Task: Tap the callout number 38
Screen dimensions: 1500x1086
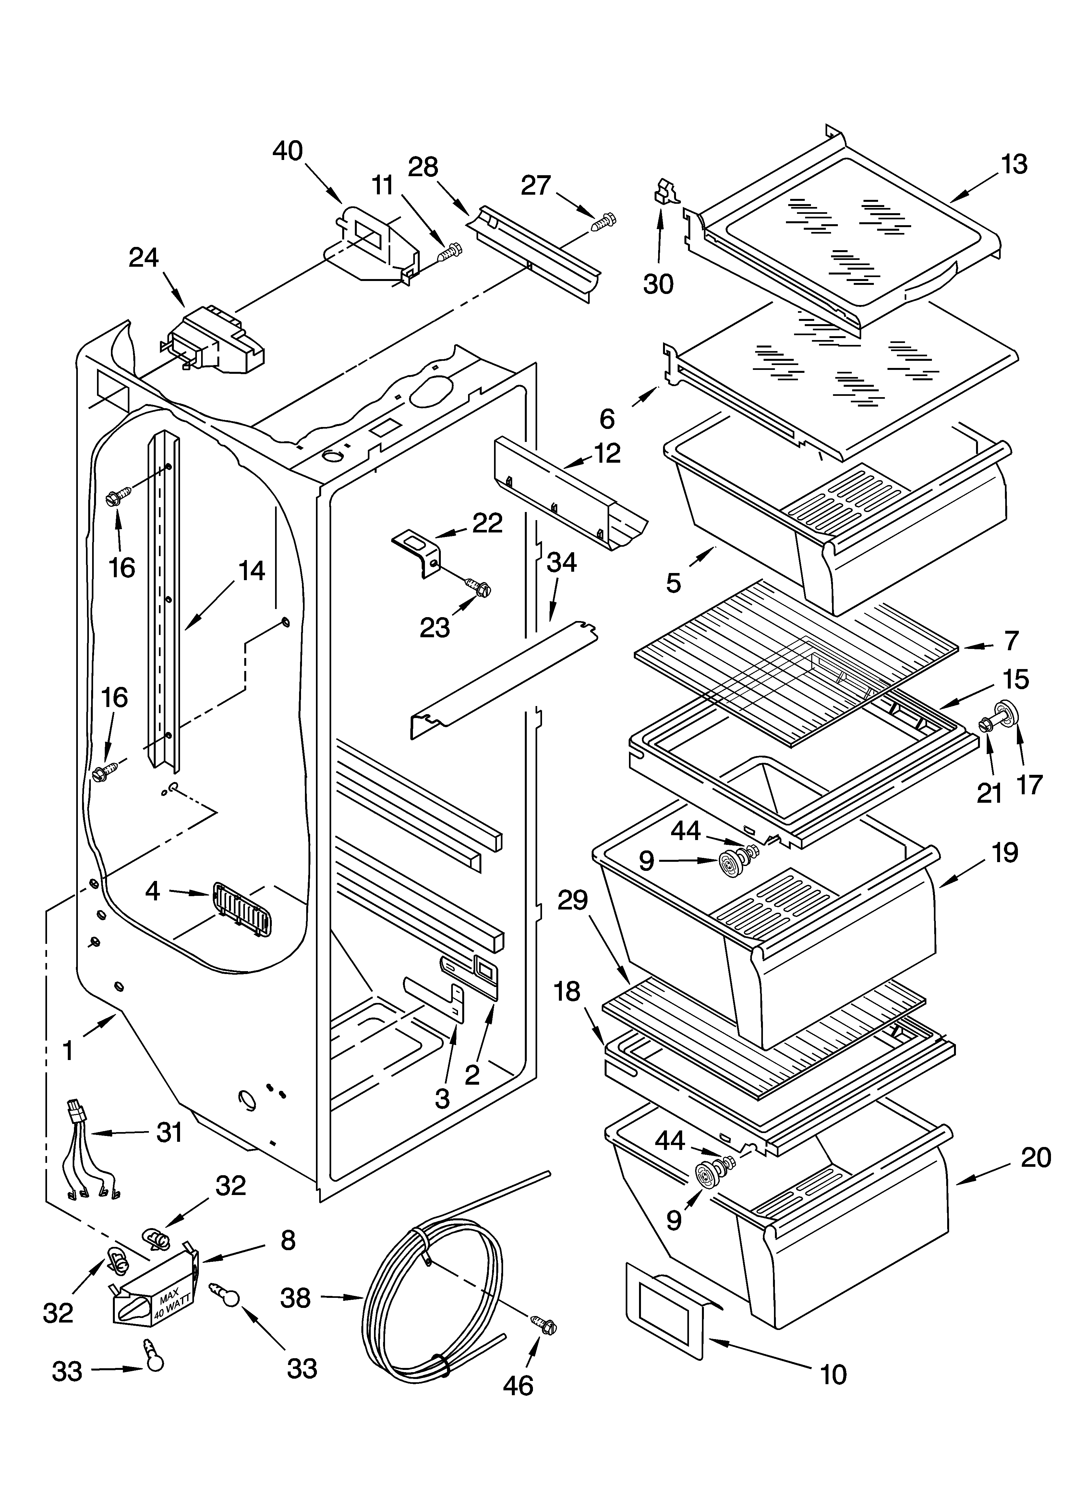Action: point(295,1298)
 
